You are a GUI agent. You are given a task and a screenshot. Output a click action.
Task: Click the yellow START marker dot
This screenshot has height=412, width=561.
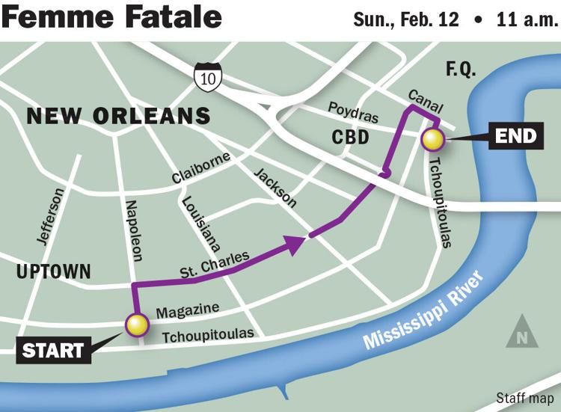[136, 325]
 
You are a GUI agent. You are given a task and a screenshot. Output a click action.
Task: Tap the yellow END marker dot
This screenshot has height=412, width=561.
[432, 139]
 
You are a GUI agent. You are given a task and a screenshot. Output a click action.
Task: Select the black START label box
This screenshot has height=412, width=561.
[52, 350]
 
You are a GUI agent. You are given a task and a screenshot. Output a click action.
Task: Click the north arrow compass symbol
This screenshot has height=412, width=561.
[521, 333]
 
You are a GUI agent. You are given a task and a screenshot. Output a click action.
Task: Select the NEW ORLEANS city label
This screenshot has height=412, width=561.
[118, 116]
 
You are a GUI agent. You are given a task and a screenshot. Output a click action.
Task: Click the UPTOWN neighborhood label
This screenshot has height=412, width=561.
[53, 271]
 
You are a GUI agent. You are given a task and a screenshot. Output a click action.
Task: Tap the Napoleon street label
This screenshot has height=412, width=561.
[134, 230]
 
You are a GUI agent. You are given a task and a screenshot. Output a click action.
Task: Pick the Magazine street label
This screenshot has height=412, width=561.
[187, 310]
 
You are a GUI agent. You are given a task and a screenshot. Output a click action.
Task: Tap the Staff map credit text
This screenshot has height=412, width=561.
[525, 398]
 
